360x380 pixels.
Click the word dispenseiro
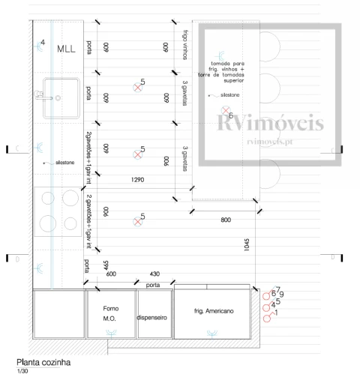point(154,317)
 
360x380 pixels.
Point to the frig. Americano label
point(212,310)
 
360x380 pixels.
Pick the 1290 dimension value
point(137,180)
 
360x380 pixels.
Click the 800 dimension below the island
point(225,220)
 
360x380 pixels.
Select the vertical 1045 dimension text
point(245,248)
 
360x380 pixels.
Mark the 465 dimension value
point(106,265)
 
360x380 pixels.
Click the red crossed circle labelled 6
point(223,114)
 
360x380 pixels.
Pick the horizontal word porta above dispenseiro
point(153,284)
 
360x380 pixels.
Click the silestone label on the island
point(229,96)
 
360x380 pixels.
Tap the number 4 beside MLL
point(43,43)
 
